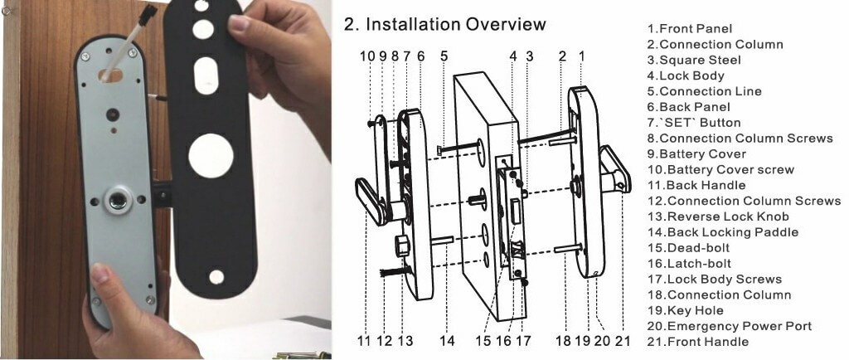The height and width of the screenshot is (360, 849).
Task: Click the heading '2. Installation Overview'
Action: (444, 24)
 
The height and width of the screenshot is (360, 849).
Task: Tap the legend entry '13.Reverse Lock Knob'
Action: (719, 216)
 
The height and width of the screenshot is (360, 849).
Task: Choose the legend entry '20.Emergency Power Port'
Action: (729, 326)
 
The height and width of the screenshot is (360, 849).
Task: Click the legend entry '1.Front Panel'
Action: (690, 28)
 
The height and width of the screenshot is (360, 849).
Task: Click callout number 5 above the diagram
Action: (444, 56)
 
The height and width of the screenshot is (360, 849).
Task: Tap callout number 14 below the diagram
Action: (447, 340)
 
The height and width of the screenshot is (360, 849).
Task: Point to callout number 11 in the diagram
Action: (364, 340)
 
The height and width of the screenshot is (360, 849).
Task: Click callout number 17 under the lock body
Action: (522, 340)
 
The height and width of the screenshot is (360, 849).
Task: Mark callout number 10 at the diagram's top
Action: (366, 56)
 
